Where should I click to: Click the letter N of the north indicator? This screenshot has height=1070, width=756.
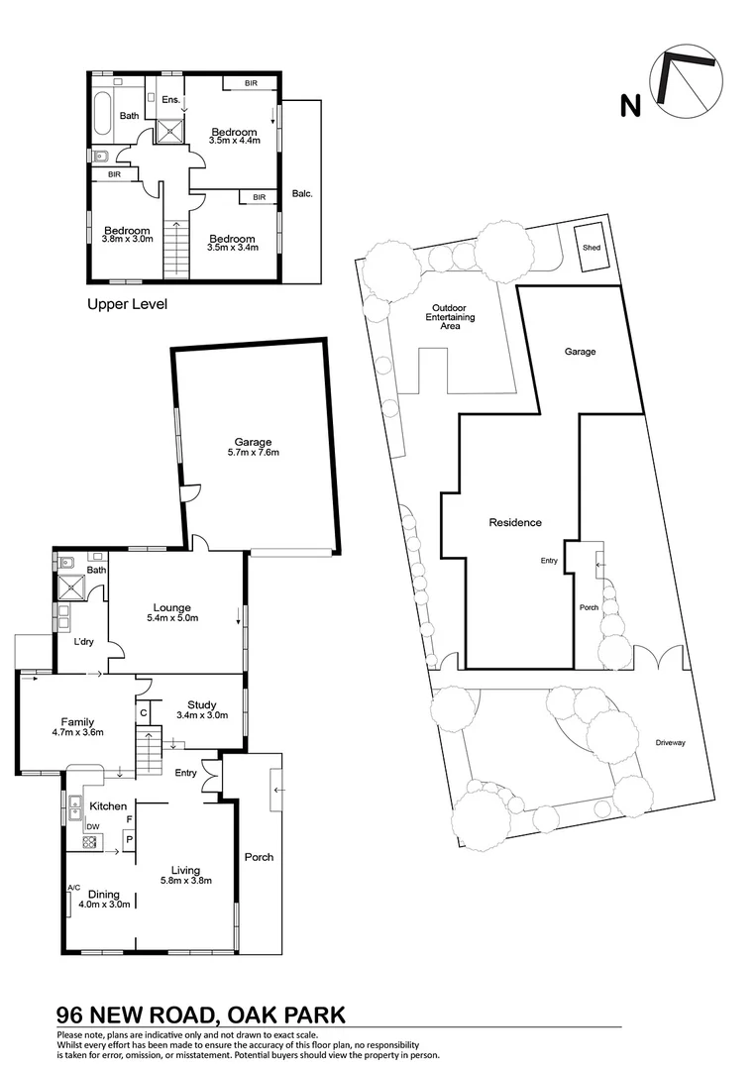point(628,105)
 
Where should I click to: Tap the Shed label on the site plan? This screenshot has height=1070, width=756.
point(592,247)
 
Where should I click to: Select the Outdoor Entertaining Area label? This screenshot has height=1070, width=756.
point(451,316)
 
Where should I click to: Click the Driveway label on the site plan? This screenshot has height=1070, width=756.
point(670,742)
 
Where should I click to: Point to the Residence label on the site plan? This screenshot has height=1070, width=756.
point(515,522)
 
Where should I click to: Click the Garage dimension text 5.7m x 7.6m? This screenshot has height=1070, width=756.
point(253,453)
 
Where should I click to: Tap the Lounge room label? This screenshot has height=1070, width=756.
point(171,607)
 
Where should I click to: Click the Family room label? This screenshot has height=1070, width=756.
point(77,722)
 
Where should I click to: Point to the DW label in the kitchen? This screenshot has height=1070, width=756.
point(91,826)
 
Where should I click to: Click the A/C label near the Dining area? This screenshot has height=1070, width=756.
point(73,888)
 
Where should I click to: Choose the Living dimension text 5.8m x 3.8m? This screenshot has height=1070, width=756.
point(186,879)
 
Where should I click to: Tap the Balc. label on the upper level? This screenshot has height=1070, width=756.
point(302,193)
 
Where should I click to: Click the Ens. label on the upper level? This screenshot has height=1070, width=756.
point(169,99)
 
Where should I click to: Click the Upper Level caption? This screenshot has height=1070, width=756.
point(127,304)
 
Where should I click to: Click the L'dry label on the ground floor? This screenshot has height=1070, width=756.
point(84,642)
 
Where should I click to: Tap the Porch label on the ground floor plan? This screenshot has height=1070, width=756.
point(259,857)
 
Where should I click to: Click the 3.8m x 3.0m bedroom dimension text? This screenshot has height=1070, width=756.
point(129,239)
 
